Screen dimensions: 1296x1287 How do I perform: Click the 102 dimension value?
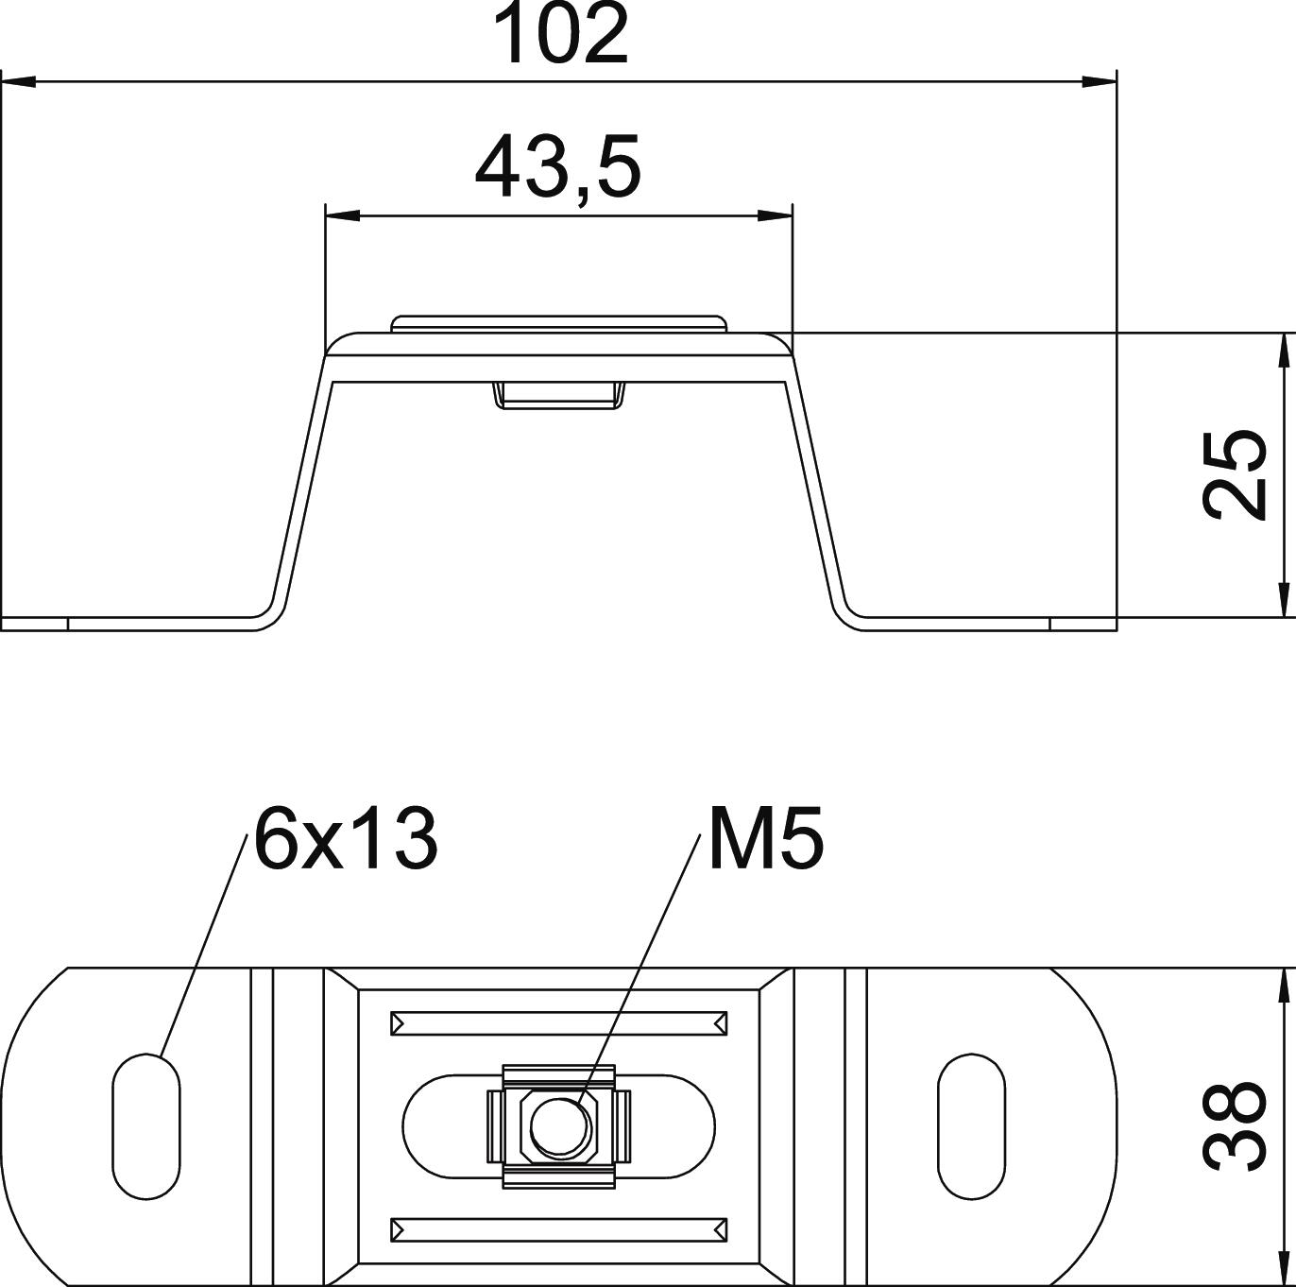559,34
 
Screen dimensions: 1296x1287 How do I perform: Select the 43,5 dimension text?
557,167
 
